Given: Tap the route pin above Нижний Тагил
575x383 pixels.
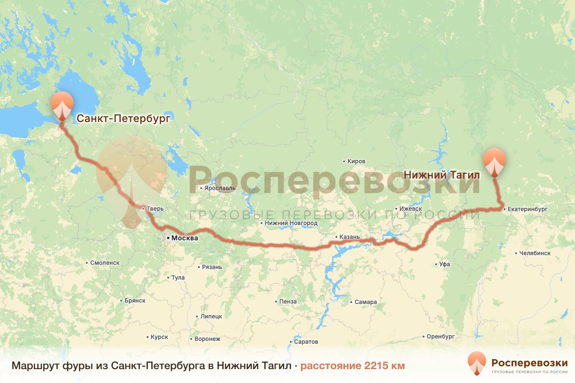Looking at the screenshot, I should (x=494, y=162).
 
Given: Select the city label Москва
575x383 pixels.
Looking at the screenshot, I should (x=184, y=238).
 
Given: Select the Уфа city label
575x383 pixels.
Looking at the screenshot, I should (x=444, y=264).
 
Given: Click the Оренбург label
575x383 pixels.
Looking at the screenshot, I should (x=440, y=337).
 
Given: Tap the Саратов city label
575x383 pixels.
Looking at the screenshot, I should (x=306, y=342).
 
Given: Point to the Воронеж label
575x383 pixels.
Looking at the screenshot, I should (x=207, y=339).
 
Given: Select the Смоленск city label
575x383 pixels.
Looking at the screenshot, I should (x=104, y=263).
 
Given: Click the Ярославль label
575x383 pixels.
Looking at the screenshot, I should (x=219, y=188).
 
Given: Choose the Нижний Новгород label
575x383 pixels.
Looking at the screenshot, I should (x=291, y=223).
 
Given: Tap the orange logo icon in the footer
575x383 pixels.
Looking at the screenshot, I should (x=477, y=363).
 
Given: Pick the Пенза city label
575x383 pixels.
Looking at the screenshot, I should (x=287, y=302).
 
